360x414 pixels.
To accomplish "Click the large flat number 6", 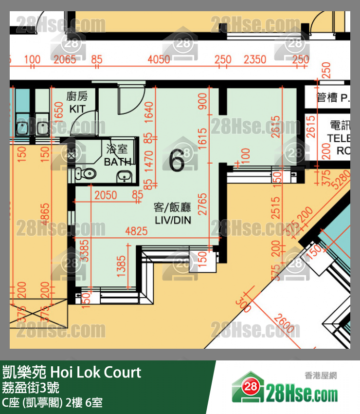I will coord(177,161).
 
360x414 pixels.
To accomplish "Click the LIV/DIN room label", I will coord(173,214).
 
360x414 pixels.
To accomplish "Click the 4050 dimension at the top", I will coord(159,59).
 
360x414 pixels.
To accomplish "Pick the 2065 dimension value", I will coord(65,59).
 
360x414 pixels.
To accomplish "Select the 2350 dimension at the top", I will coord(254,59).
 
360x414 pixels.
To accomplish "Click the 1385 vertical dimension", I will coord(122,266).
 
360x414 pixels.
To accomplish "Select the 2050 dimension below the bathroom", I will coord(106,195).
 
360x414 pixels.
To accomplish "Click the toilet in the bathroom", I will coord(86,174).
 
